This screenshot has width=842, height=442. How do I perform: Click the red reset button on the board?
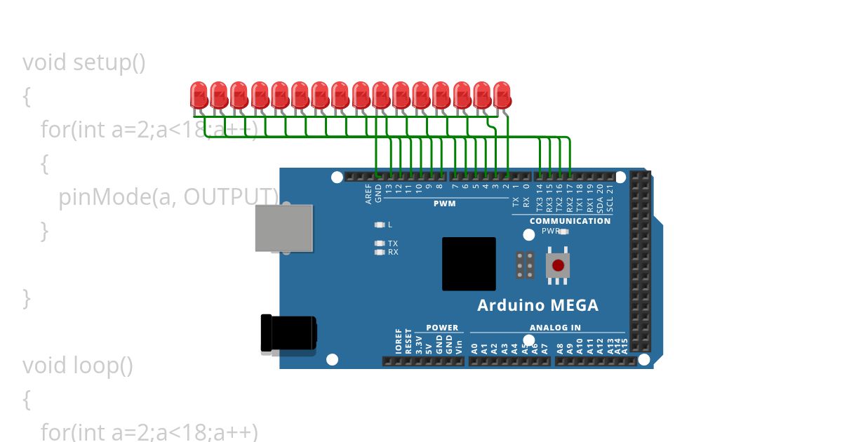pyautogui.click(x=558, y=265)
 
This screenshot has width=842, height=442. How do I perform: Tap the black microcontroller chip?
pyautogui.click(x=469, y=264)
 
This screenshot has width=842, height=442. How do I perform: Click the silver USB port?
pyautogui.click(x=283, y=228)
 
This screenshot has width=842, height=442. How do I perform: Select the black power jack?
pyautogui.click(x=288, y=333)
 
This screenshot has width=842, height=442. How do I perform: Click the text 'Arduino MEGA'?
pyautogui.click(x=537, y=305)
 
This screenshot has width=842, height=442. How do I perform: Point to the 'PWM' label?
pyautogui.click(x=445, y=204)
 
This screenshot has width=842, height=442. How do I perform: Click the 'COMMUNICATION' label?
pyautogui.click(x=570, y=221)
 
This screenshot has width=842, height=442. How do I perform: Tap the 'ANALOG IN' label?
pyautogui.click(x=555, y=328)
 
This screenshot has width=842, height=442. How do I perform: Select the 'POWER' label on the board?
pyautogui.click(x=442, y=328)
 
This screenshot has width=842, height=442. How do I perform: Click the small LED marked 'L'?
pyautogui.click(x=380, y=225)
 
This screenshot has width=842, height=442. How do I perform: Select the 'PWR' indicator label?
pyautogui.click(x=550, y=231)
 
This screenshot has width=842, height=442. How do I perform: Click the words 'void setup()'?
pyautogui.click(x=84, y=62)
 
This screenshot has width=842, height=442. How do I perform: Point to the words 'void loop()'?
pyautogui.click(x=77, y=366)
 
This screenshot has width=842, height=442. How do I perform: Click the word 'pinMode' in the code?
pyautogui.click(x=104, y=197)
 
